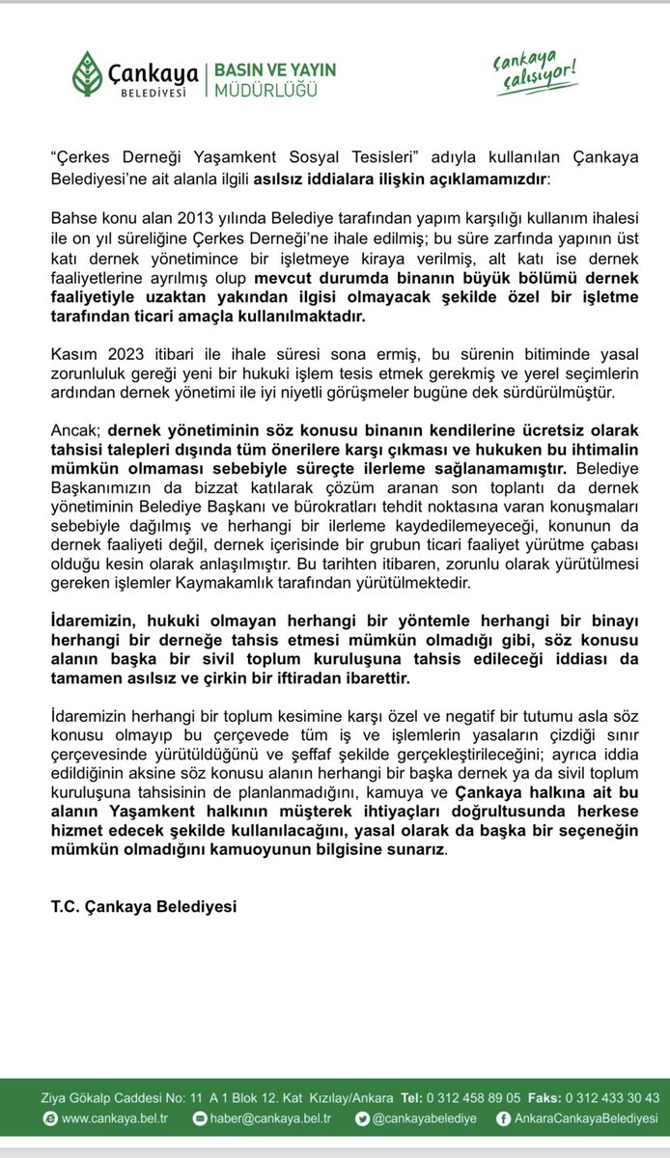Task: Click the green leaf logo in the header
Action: [x=91, y=72]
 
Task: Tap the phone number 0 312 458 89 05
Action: [x=477, y=1098]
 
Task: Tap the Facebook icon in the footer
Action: [x=502, y=1119]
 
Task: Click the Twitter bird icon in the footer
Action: [x=361, y=1119]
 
